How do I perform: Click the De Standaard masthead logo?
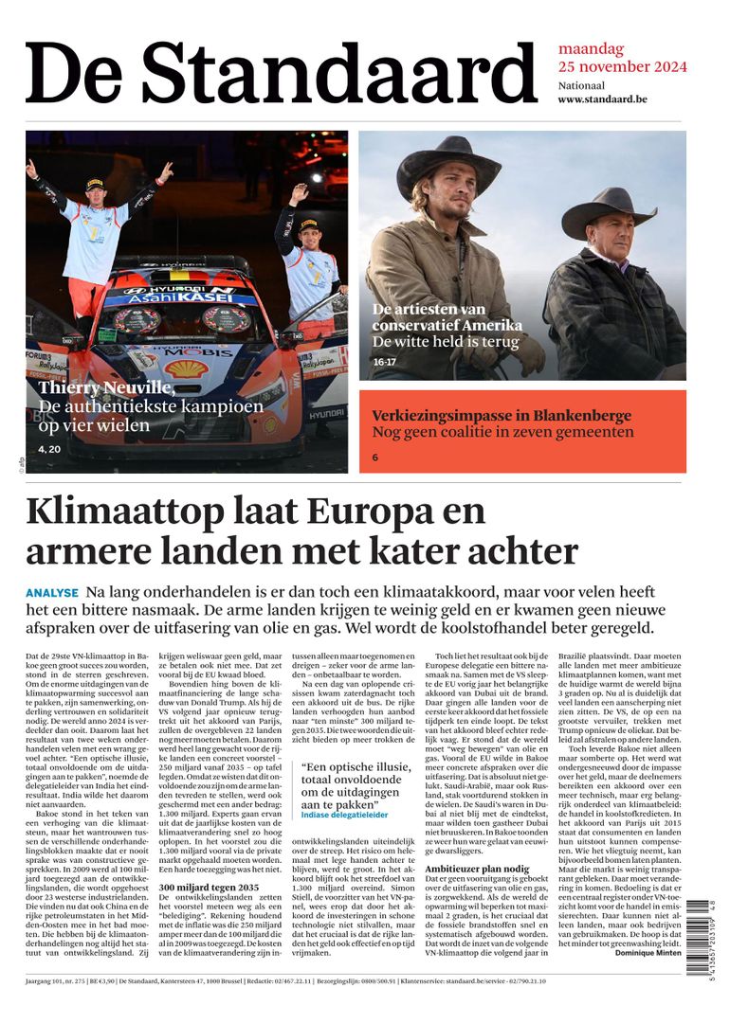(x=282, y=72)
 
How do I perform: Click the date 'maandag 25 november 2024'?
(x=622, y=58)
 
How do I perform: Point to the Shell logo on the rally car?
(x=186, y=368)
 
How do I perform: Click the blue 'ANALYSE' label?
(x=52, y=593)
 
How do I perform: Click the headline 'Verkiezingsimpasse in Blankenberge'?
(x=502, y=416)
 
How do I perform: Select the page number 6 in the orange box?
(x=375, y=458)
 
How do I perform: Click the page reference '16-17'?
(x=384, y=362)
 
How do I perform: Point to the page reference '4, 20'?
(x=49, y=448)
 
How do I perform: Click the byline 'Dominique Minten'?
(x=649, y=952)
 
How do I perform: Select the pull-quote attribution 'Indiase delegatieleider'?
(x=345, y=814)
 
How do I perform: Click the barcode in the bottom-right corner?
(x=698, y=937)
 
